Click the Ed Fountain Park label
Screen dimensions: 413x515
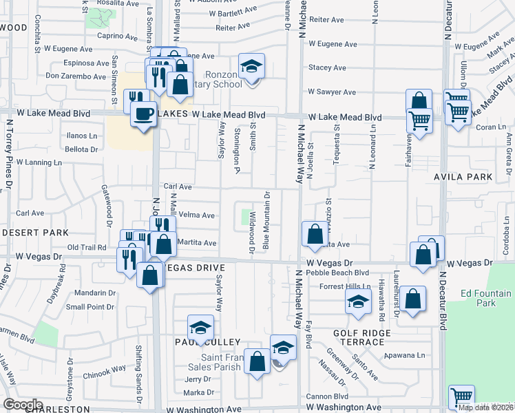485,298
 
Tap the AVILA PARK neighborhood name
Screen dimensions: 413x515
463,177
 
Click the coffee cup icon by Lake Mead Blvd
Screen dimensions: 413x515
144,114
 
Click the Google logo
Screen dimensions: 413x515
23,404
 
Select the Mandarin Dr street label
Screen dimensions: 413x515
85,293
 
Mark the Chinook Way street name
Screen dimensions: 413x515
105,368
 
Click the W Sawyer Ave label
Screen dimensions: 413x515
332,92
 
